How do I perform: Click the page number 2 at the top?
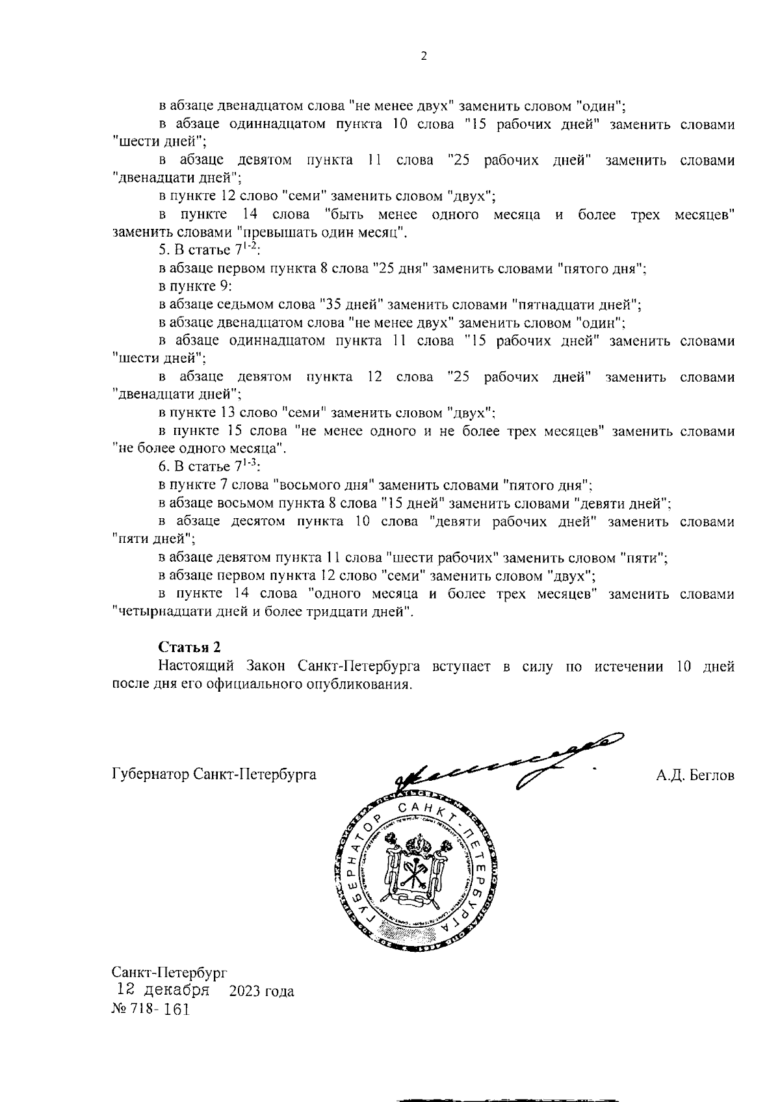424,57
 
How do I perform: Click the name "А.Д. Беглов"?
695,775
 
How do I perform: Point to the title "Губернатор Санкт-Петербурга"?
214,775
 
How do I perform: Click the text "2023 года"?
261,991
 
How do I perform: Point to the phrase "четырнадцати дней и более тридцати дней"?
263,612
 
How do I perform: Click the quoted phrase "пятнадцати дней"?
576,304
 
